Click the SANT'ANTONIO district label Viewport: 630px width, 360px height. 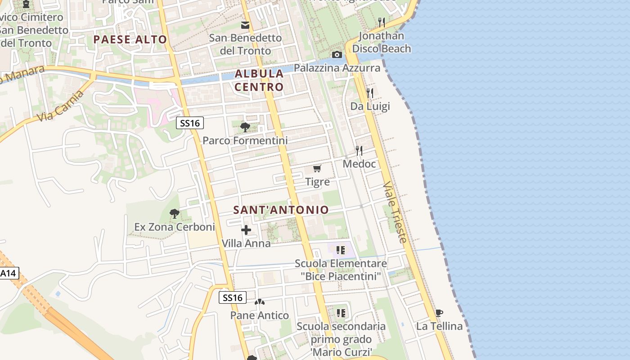tap(281, 210)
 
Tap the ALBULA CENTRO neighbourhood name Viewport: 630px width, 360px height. tap(259, 80)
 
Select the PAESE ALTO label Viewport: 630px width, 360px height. tap(130, 40)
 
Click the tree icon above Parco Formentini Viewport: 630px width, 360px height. tap(245, 127)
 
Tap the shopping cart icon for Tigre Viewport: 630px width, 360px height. tap(317, 169)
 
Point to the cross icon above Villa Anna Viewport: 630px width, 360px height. tap(246, 230)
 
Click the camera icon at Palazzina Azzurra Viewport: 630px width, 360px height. tap(337, 55)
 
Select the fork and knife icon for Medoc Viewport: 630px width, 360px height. tap(359, 151)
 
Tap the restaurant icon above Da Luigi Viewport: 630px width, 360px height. tap(370, 93)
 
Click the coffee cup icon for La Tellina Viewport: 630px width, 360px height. tap(439, 313)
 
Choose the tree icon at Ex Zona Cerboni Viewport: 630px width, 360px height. tap(175, 214)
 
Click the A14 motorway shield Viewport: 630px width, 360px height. tap(9, 273)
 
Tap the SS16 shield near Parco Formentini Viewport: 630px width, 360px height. tap(189, 123)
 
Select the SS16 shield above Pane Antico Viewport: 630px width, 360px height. tap(233, 297)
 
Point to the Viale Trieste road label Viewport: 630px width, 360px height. tap(396, 212)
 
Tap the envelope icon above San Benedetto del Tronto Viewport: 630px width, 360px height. tap(245, 25)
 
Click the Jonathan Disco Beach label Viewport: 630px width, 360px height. tap(382, 42)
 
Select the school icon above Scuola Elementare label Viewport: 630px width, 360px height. tap(341, 250)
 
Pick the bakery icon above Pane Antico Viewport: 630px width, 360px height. tap(260, 302)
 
